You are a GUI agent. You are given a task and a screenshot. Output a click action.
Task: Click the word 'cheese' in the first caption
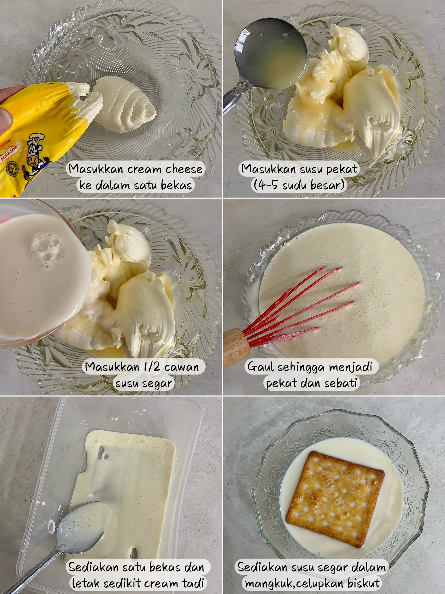pos(184,169)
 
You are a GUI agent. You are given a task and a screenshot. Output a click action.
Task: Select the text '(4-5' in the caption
pos(265,185)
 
